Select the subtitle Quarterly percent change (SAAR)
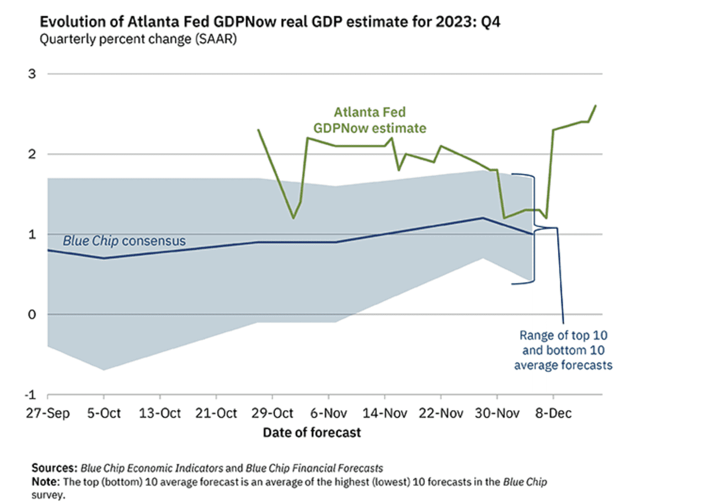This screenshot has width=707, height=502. (138, 40)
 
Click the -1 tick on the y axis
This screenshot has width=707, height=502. (32, 395)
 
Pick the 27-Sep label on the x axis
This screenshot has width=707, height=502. (47, 413)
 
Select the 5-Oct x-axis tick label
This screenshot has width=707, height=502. (104, 413)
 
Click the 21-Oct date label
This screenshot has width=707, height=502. (217, 413)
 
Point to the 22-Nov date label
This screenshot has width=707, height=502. (440, 413)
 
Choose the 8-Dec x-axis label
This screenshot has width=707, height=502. (553, 413)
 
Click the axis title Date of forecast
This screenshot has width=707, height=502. (312, 432)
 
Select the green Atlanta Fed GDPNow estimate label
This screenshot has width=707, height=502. (370, 120)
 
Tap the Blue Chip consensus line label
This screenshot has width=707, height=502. (123, 241)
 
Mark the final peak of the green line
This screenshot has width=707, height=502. (595, 105)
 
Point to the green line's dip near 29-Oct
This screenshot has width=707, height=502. (293, 218)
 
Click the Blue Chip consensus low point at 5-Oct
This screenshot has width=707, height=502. (104, 258)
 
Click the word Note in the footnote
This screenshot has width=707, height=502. (44, 482)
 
